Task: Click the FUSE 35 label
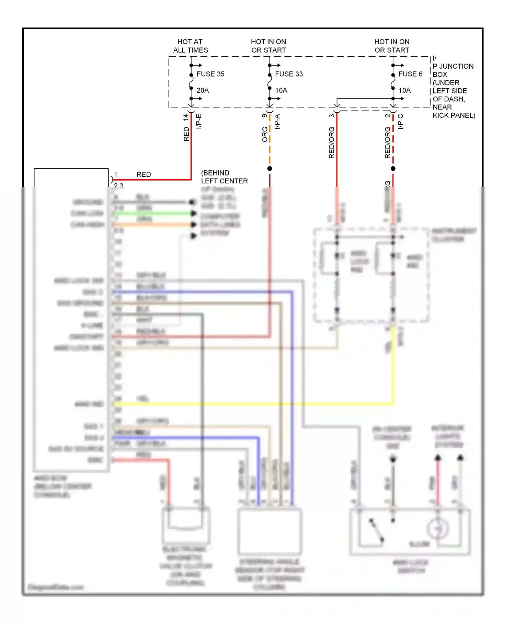210,74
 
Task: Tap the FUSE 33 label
289,74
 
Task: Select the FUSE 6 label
410,74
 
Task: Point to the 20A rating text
203,90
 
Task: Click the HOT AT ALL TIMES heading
191,46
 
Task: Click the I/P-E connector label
199,121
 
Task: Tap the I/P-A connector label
277,122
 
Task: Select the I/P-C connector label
400,122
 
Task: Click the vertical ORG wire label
265,134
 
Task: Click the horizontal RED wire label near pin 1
144,174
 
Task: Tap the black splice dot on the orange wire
270,169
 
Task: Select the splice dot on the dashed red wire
393,169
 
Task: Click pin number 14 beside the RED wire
186,117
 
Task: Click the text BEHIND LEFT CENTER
224,177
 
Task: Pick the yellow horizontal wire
240,404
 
